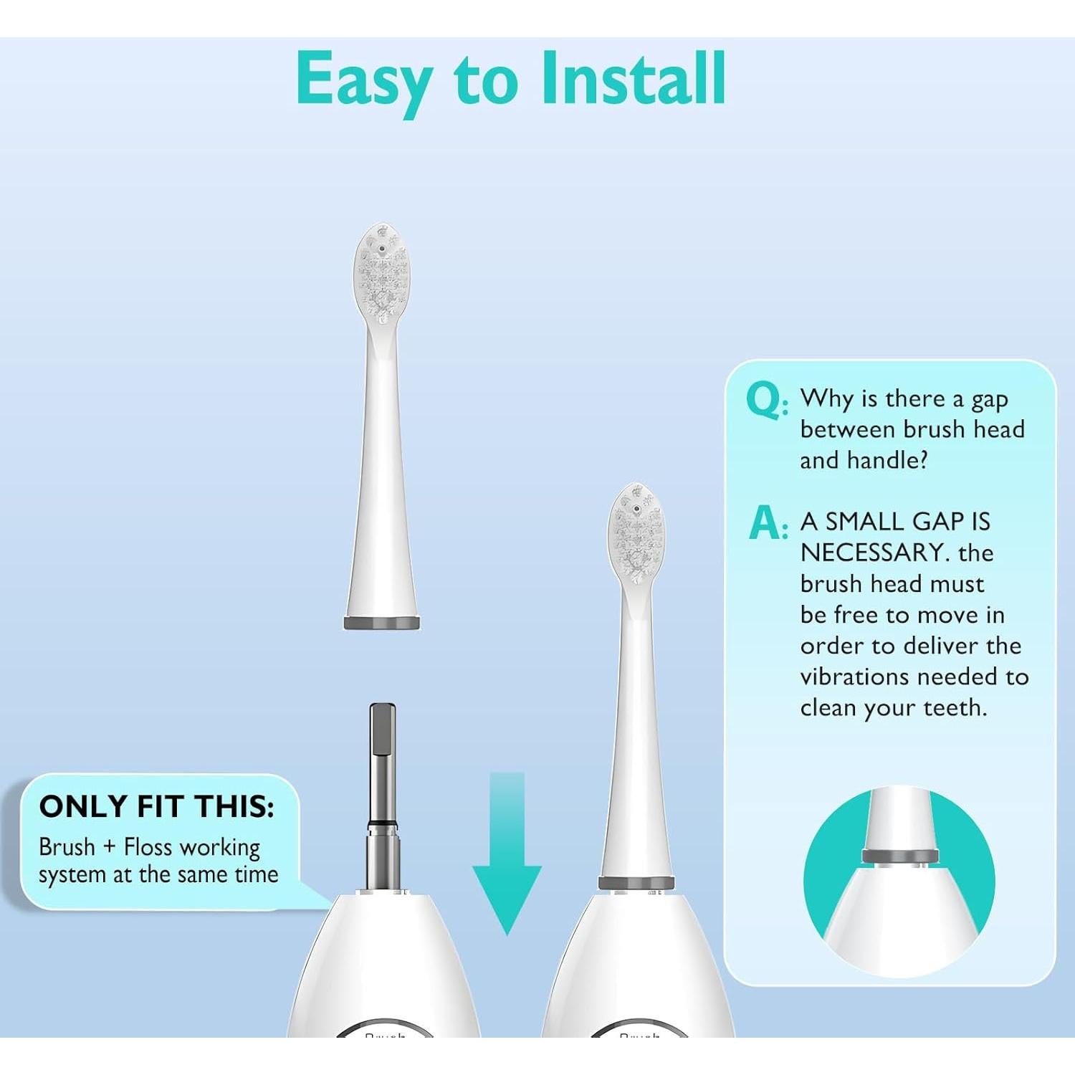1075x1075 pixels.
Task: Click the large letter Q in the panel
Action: tap(765, 400)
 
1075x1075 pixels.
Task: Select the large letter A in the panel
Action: tap(765, 523)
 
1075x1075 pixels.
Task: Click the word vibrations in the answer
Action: tap(854, 677)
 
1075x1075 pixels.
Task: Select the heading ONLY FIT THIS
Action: tap(157, 807)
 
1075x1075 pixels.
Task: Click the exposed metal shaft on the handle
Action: tap(382, 788)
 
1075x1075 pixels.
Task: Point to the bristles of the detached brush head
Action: tap(382, 276)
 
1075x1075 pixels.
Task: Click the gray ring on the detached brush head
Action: tap(382, 623)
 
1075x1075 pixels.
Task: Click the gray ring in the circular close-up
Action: tap(900, 856)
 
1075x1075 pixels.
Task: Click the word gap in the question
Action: tap(990, 400)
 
